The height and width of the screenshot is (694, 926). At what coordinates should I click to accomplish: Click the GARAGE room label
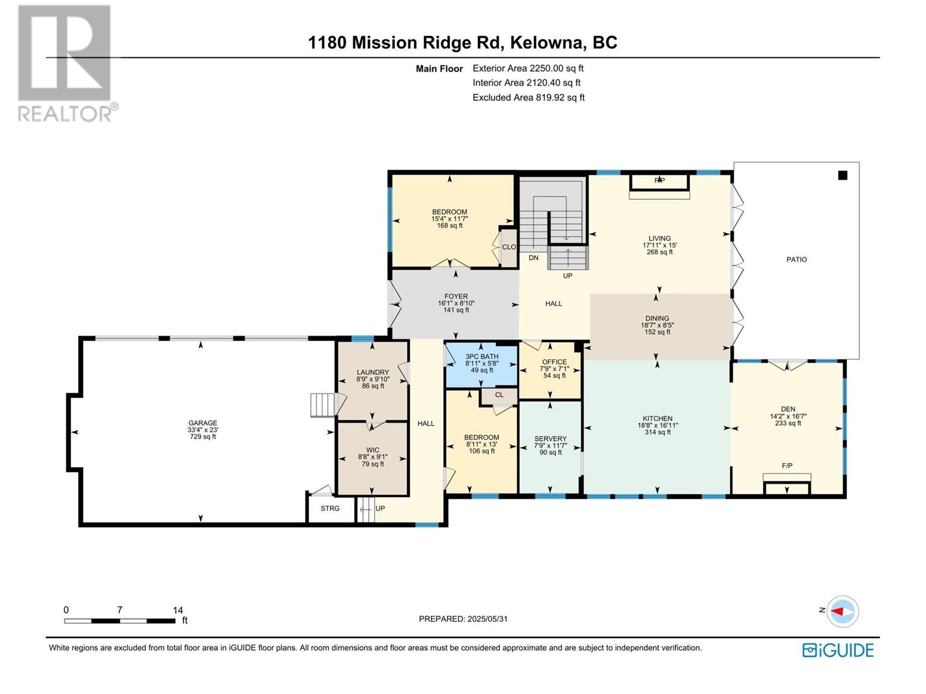click(x=203, y=423)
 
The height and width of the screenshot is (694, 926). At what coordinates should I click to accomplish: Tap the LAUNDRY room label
click(x=373, y=372)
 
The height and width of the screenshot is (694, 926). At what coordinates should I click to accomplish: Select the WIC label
click(x=373, y=450)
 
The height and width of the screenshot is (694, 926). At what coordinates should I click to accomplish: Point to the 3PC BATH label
click(x=482, y=356)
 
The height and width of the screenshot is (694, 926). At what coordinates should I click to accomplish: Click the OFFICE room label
click(x=554, y=362)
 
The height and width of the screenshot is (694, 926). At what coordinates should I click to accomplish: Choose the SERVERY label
click(x=550, y=438)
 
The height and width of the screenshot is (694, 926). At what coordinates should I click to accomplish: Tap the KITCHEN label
click(x=657, y=418)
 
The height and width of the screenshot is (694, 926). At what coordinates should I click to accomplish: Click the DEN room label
click(x=788, y=409)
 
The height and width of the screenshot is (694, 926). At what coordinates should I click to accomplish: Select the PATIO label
click(x=796, y=260)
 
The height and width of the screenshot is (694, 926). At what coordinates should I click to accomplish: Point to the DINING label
click(x=657, y=319)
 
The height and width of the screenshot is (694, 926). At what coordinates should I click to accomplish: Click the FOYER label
click(x=456, y=297)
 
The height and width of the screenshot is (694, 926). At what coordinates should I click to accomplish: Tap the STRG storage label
click(x=330, y=508)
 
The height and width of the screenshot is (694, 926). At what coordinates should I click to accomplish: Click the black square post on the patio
click(x=843, y=176)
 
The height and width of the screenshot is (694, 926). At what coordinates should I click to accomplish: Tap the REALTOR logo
click(x=68, y=63)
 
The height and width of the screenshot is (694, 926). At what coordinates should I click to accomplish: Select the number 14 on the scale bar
click(x=178, y=610)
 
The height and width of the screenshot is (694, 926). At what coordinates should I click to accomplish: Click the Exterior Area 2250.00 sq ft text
click(x=528, y=68)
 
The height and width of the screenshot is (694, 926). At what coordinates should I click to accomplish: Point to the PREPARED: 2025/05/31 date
click(x=463, y=619)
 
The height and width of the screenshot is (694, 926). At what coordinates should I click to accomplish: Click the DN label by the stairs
click(x=534, y=258)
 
